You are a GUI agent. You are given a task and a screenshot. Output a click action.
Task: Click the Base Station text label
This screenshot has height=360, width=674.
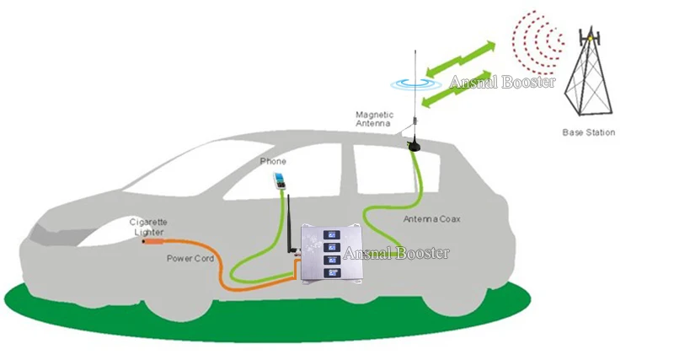click(589, 132)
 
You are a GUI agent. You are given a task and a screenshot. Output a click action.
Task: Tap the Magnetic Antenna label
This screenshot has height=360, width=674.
click(373, 118)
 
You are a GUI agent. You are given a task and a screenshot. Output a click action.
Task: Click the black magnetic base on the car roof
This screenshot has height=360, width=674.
click(415, 145)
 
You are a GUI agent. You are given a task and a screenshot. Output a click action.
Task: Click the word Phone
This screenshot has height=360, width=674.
click(273, 161)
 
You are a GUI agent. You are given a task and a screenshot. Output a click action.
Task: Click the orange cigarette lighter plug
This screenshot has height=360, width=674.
click(153, 241)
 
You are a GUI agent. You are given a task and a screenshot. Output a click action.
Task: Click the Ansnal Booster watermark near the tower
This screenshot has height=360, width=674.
click(501, 83)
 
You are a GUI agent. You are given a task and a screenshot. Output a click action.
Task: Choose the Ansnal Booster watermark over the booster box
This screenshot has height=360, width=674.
click(395, 252)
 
